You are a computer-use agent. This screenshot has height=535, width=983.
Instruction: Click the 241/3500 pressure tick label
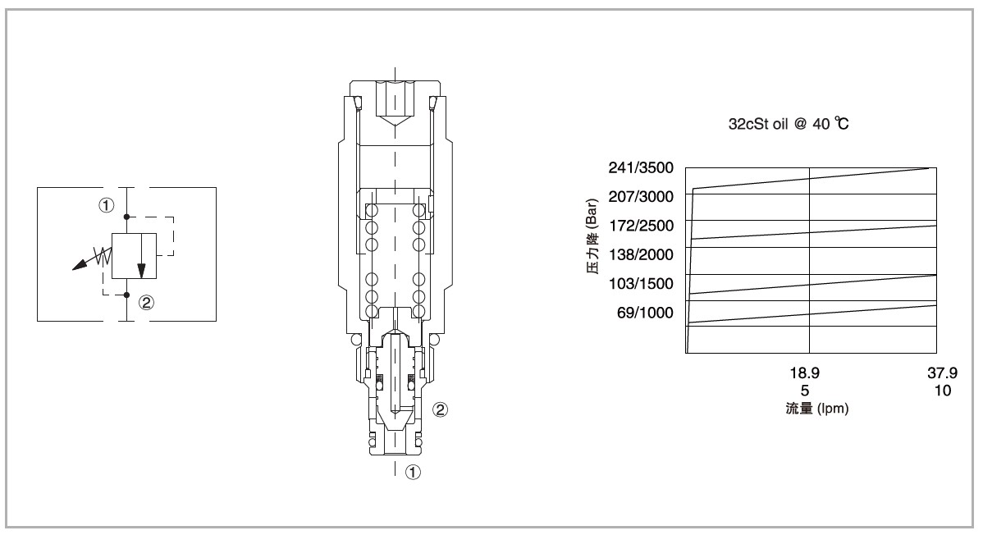[x=641, y=167]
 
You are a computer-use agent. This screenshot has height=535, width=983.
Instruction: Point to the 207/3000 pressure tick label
[x=641, y=197]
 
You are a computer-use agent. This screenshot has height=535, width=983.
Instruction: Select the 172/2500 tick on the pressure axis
[x=641, y=226]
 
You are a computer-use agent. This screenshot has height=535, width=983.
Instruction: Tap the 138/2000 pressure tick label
[x=641, y=254]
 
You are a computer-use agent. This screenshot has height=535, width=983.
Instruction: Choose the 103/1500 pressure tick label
[x=641, y=283]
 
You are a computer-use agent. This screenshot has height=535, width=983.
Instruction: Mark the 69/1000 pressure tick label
[x=645, y=313]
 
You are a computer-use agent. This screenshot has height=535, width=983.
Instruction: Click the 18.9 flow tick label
[x=804, y=373]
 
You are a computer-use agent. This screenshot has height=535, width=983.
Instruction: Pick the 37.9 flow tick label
[x=942, y=373]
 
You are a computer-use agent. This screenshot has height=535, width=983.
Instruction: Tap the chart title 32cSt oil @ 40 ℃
[x=789, y=124]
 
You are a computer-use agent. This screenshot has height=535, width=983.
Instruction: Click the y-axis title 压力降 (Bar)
[x=592, y=236]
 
